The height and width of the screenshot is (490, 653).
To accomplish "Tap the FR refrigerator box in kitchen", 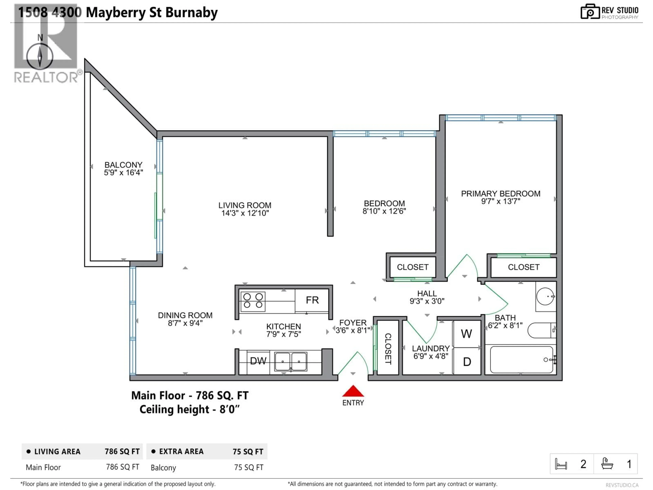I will click(312, 300).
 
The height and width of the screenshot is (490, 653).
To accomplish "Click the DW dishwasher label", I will click(258, 361).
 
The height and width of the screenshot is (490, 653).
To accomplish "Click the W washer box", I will click(466, 334).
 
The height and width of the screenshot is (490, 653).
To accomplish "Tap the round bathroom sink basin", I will click(545, 296).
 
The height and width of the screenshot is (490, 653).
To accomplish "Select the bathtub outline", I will click(521, 360).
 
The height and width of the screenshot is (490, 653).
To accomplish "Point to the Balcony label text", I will click(123, 165).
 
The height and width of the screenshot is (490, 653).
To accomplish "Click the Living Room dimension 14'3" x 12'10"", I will click(245, 213).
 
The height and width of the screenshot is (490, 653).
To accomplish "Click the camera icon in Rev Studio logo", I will click(590, 12).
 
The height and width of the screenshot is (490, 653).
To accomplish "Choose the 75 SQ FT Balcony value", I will click(249, 468).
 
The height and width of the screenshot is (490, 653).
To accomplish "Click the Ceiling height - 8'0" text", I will click(189, 410).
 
